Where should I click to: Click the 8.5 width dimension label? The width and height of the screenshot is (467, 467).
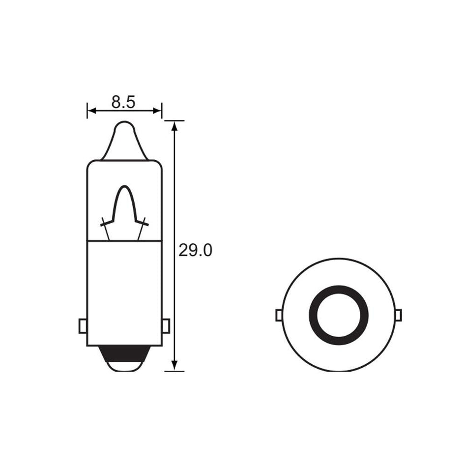[123, 102]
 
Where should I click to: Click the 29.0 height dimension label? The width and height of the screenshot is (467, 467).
[195, 251]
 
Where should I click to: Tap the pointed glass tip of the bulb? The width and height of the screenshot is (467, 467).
[124, 133]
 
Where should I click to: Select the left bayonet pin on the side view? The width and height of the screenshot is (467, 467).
[83, 325]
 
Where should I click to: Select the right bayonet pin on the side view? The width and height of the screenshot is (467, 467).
[166, 325]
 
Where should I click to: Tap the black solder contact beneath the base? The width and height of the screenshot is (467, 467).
[124, 353]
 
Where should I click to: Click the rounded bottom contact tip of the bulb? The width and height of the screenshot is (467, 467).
[124, 366]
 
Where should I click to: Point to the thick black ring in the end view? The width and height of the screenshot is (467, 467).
[339, 295]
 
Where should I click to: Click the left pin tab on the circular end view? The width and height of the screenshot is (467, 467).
[279, 315]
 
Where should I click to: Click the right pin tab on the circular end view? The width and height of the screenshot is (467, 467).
[399, 315]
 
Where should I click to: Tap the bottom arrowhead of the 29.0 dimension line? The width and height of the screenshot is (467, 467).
[175, 366]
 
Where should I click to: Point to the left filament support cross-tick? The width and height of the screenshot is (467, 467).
[105, 224]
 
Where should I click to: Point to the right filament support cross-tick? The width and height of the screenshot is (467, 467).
[144, 224]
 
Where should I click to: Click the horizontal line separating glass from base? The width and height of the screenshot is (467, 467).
[124, 241]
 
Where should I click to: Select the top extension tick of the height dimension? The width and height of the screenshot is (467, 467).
[175, 120]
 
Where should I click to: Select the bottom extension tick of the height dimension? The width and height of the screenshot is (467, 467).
[175, 371]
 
